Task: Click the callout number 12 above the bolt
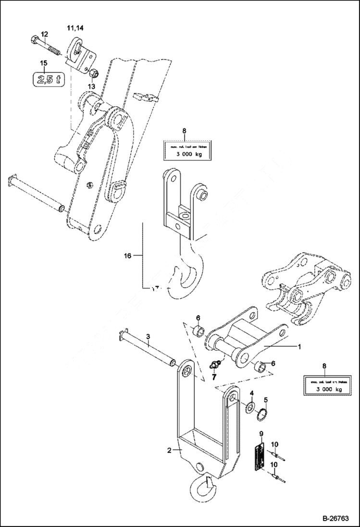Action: point(44,34)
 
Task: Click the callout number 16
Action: point(127,256)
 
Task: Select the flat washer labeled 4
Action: point(250,408)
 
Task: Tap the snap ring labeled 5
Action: point(264,414)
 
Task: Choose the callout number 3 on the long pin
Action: point(149,337)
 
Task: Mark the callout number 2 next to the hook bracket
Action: point(169,450)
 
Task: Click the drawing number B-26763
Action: point(336,518)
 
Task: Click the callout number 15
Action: point(44,63)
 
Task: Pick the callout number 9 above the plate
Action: point(261,434)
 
